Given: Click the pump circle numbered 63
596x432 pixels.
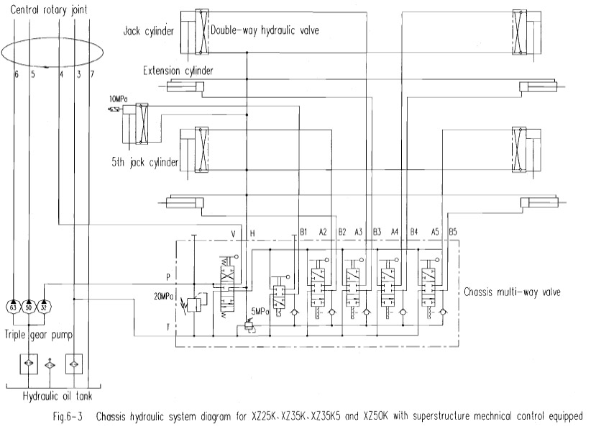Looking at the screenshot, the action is point(14,307).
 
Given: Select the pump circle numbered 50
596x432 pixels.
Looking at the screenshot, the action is point(29,307).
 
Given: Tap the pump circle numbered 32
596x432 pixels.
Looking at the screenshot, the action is point(44,307).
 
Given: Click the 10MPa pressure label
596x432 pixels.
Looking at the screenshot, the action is point(119,99).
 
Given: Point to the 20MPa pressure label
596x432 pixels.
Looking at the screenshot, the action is point(164,297).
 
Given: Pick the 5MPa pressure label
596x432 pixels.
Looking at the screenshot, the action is point(260,312).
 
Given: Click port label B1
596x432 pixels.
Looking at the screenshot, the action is point(303,232).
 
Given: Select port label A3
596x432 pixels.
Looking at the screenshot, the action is point(359,232).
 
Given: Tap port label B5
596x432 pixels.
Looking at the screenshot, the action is point(453,232).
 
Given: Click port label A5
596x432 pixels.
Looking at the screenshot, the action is point(435,232).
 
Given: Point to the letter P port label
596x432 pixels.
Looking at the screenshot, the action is point(168,277).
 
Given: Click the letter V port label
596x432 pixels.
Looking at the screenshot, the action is point(234,233).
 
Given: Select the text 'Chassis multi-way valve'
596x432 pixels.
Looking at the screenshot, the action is point(512,292).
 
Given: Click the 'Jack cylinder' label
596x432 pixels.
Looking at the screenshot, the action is point(148,31).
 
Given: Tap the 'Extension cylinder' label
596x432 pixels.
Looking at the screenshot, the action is point(178,71).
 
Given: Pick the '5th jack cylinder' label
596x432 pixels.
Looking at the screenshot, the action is point(145,163).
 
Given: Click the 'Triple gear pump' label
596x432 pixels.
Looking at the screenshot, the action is point(38,335).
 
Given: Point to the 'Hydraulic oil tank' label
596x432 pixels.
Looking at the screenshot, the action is point(58,396).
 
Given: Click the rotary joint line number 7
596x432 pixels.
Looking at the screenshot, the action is point(92,74).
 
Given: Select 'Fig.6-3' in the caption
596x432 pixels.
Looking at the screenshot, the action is point(68,416).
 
